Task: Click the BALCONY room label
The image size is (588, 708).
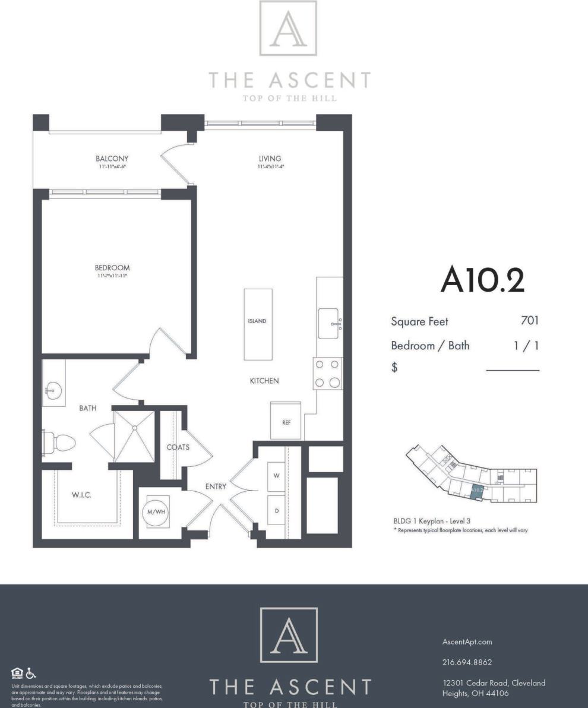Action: [x=112, y=159]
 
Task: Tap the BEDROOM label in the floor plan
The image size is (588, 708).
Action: [x=112, y=268]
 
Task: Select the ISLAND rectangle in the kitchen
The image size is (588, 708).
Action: [x=258, y=324]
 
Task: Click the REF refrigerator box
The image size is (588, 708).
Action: [x=286, y=421]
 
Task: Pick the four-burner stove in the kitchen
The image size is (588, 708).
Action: [x=328, y=374]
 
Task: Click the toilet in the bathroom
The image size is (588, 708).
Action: [x=59, y=442]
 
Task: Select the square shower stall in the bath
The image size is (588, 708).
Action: [x=135, y=436]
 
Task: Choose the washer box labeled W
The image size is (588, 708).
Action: [x=276, y=476]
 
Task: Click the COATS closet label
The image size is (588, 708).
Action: [x=178, y=447]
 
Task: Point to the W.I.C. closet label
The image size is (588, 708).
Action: [x=81, y=495]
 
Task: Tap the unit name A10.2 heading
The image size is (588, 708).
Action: [x=482, y=281]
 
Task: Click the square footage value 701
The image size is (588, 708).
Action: [x=529, y=321]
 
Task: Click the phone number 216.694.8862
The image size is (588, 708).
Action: [x=467, y=662]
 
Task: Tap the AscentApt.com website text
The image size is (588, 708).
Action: [x=467, y=641]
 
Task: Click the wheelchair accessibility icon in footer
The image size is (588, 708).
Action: [x=31, y=674]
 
